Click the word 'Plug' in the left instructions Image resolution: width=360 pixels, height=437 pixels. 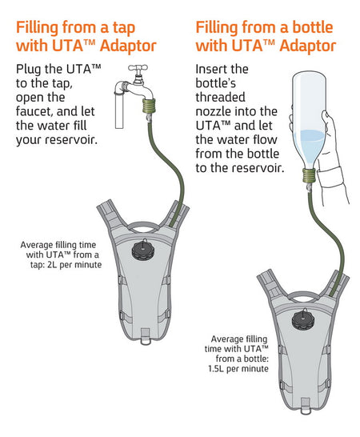click(31, 69)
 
